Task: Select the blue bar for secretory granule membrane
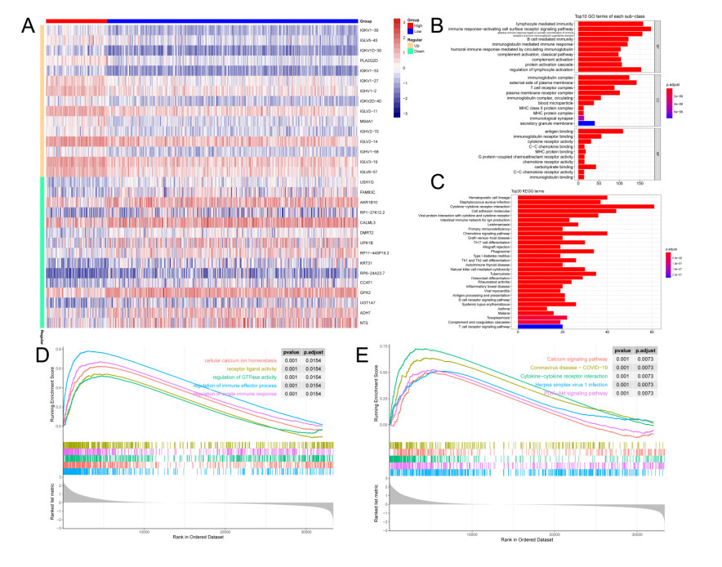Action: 586,123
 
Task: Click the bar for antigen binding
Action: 599,132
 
